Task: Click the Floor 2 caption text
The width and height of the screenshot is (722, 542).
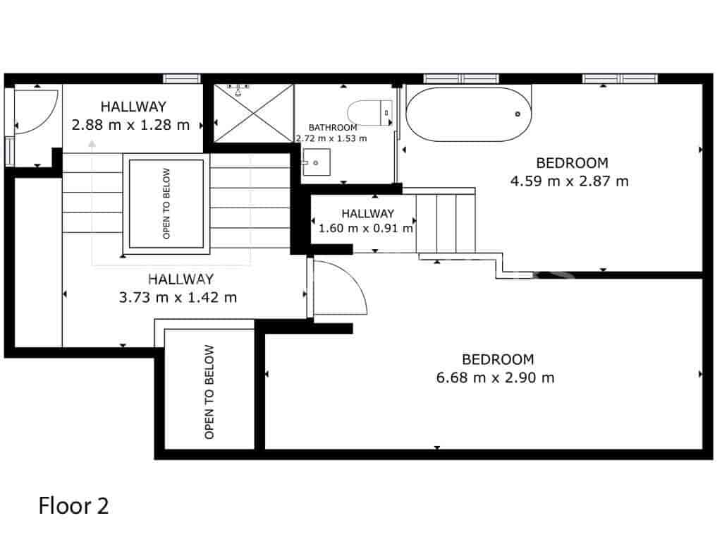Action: point(73,506)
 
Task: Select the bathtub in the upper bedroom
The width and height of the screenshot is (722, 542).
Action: point(470,114)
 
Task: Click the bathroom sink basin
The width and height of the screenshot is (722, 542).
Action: point(315,164)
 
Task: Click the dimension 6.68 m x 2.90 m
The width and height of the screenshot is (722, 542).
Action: point(495,378)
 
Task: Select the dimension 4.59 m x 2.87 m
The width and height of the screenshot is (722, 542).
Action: point(569,181)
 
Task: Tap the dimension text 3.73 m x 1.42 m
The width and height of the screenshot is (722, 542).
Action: point(178,297)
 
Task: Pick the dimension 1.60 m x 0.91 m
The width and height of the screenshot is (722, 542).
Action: point(366,228)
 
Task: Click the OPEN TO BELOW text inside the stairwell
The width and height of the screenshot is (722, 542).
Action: point(166,203)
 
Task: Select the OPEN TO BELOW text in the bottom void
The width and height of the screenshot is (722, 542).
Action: point(209,392)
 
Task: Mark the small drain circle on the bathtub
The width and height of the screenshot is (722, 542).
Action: point(518,114)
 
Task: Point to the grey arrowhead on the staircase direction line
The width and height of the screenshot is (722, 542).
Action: point(92,144)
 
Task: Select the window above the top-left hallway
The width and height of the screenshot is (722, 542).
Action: point(181,78)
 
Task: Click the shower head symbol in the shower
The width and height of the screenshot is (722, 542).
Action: point(240,89)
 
